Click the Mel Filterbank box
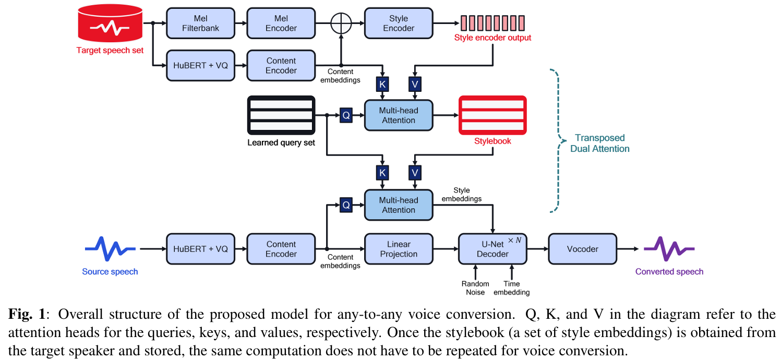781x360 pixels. [x=201, y=23]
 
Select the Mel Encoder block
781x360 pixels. [x=281, y=23]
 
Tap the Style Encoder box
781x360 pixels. [x=399, y=23]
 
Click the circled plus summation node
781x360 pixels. [x=341, y=23]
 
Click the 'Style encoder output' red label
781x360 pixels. [x=492, y=38]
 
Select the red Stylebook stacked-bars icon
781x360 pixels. [x=492, y=115]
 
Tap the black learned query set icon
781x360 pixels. [x=281, y=115]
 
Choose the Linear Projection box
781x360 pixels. [x=399, y=249]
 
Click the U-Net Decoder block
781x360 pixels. [x=492, y=249]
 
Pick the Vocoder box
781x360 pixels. [x=582, y=249]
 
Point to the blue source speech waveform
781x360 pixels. [x=110, y=249]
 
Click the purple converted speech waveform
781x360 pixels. [x=669, y=249]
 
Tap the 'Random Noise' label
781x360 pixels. [x=475, y=288]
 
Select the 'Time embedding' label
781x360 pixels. [x=512, y=288]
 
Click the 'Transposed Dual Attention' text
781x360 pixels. [x=599, y=143]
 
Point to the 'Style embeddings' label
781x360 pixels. [x=461, y=195]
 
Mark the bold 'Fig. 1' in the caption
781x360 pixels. [x=27, y=314]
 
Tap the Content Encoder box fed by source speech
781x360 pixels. [x=281, y=249]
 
